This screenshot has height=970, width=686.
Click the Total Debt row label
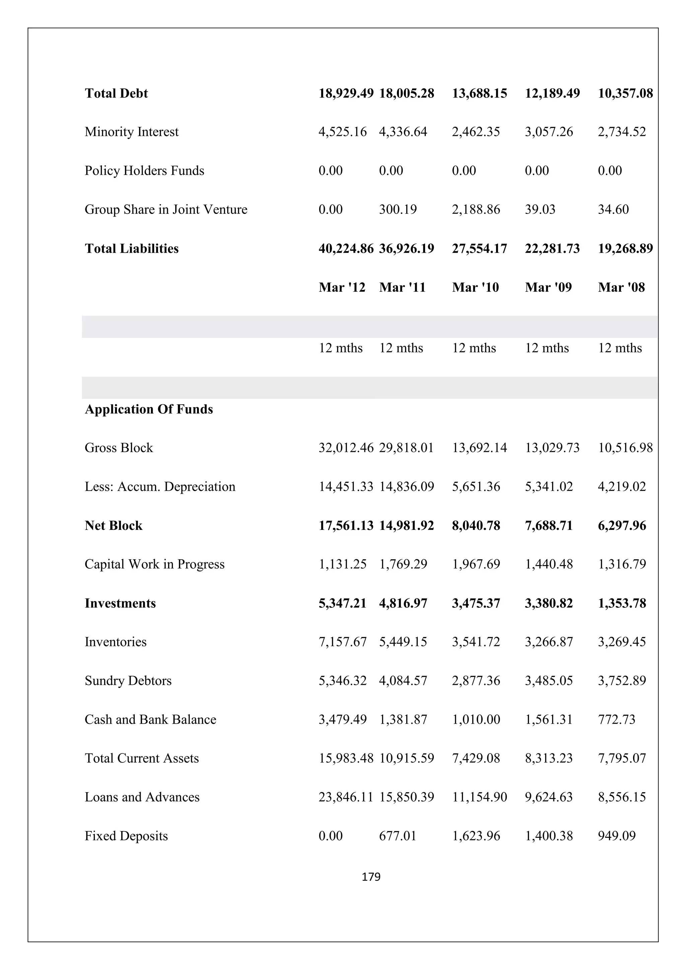click(116, 93)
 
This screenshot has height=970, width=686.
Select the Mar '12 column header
click(342, 288)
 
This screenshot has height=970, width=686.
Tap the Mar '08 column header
click(621, 288)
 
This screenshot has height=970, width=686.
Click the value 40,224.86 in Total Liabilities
click(346, 249)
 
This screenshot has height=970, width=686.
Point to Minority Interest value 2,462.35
click(476, 132)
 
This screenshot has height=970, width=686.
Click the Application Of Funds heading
click(149, 409)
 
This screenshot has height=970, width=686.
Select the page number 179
click(371, 877)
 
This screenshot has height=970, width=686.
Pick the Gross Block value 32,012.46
click(346, 448)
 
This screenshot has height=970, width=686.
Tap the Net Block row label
click(113, 526)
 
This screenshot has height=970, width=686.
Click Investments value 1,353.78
click(621, 603)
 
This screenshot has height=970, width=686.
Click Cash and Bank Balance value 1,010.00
click(476, 720)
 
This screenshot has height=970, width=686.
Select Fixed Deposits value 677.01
click(397, 836)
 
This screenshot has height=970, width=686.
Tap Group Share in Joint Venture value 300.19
click(398, 210)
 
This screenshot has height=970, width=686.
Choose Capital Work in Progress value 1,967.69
click(476, 564)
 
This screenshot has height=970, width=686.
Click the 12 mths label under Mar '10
click(474, 348)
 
